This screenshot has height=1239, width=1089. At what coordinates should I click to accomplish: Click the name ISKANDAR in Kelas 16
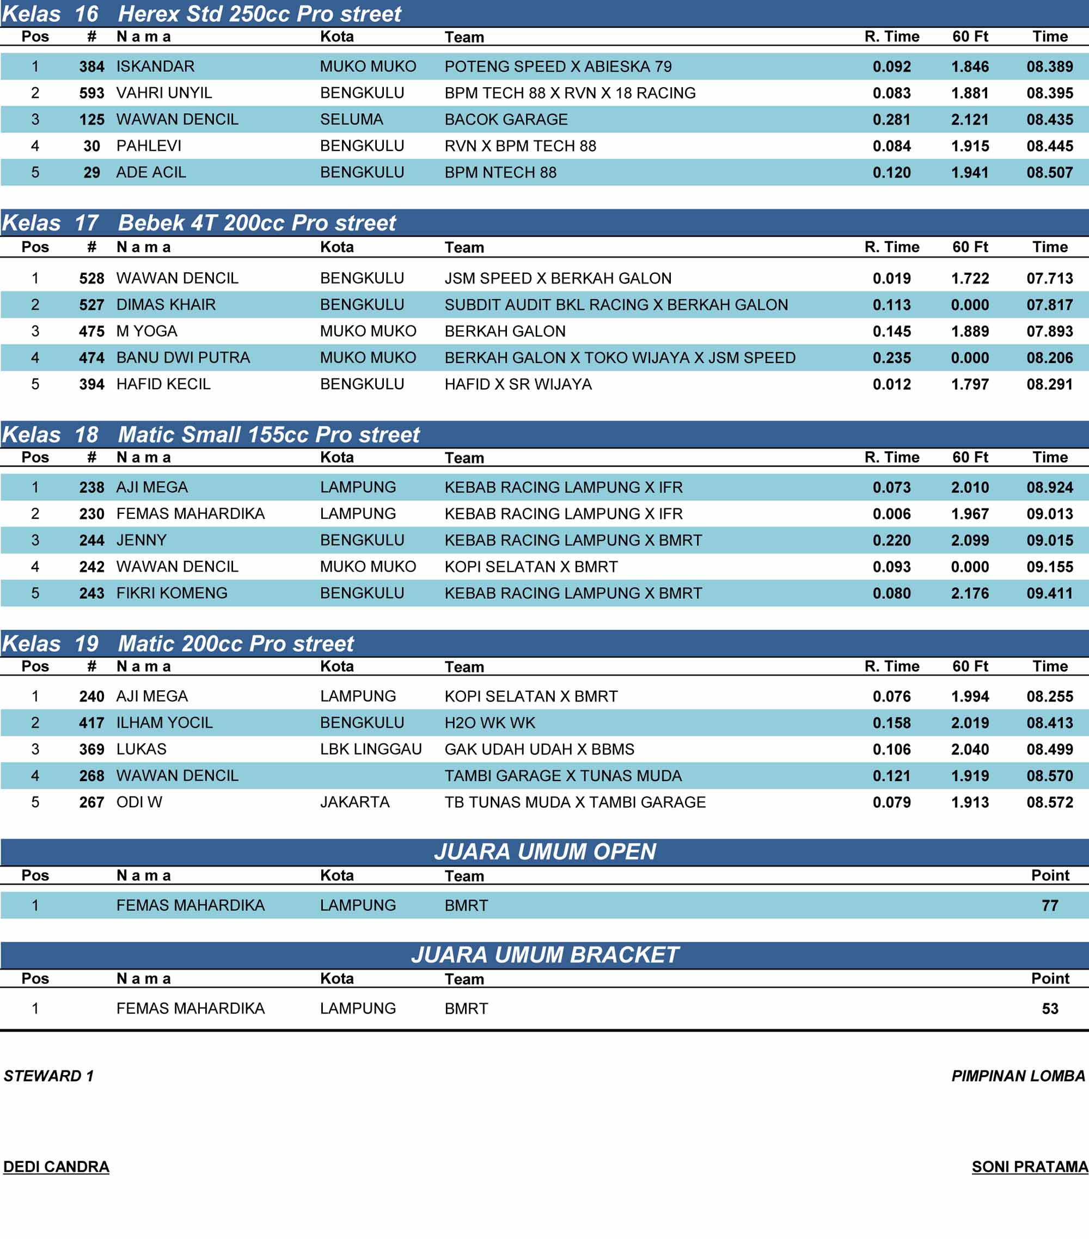[x=155, y=66]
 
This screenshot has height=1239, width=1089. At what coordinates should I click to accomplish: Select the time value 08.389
[x=1049, y=66]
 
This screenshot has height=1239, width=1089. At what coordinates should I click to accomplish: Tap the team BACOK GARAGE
[x=506, y=119]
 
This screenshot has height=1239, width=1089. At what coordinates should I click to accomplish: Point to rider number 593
[x=91, y=93]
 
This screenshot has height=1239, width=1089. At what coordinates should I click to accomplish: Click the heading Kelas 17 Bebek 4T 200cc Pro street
[x=199, y=223]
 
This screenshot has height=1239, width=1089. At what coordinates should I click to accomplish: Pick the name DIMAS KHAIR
[x=166, y=304]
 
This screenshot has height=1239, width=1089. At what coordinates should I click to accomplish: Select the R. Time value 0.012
[x=891, y=384]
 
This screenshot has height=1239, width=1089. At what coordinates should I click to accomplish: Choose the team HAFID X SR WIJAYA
[x=518, y=384]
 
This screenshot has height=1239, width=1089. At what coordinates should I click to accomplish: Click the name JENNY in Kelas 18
[x=141, y=540]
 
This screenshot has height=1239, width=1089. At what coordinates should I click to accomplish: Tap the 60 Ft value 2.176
[x=970, y=593]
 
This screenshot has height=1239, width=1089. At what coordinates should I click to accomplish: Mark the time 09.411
[x=1049, y=593]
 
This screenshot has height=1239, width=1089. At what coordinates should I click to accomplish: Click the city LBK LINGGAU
[x=370, y=749]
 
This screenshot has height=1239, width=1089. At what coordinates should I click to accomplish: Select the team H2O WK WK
[x=490, y=722]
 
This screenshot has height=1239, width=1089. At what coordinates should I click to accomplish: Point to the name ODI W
[x=139, y=802]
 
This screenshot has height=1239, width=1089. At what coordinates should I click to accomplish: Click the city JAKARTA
[x=354, y=802]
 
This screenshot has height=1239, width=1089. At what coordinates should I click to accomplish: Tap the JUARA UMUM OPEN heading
[x=544, y=851]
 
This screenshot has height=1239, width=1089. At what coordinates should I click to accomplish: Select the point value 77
[x=1050, y=906]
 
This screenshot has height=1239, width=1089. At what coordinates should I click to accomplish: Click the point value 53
[x=1050, y=1009]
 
